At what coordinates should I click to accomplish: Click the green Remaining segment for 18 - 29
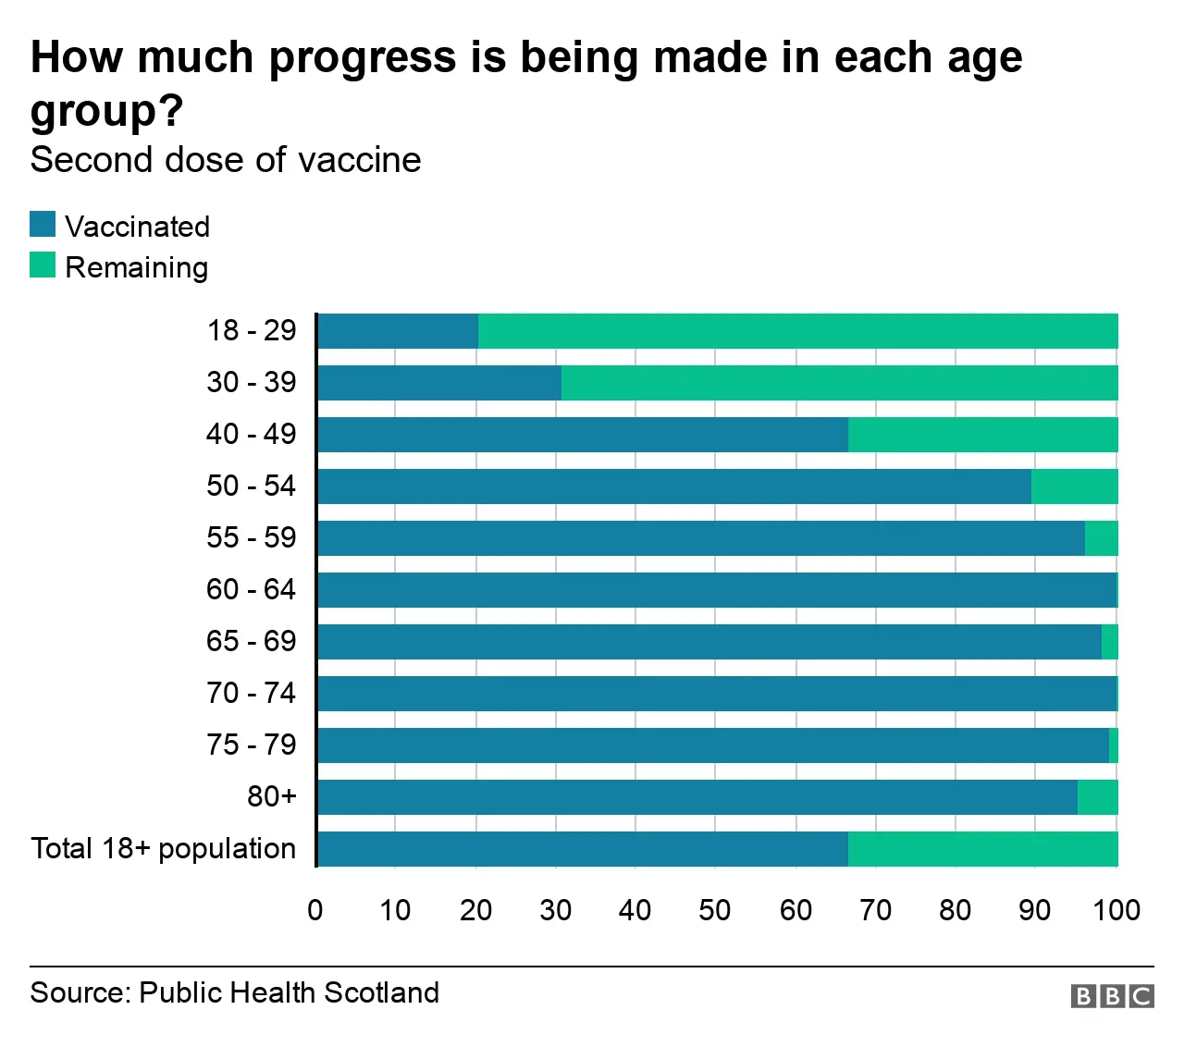pyautogui.click(x=797, y=331)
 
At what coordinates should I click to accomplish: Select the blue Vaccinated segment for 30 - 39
pyautogui.click(x=439, y=383)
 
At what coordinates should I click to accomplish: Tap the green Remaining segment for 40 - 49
pyautogui.click(x=982, y=435)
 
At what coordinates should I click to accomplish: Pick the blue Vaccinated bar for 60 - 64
pyautogui.click(x=717, y=590)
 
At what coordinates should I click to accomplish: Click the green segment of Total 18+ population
pyautogui.click(x=982, y=849)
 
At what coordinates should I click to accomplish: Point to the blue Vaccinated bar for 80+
pyautogui.click(x=697, y=797)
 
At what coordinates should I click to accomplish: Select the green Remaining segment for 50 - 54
pyautogui.click(x=1074, y=487)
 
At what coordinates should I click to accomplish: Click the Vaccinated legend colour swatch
pyautogui.click(x=43, y=225)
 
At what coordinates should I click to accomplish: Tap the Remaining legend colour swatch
pyautogui.click(x=43, y=265)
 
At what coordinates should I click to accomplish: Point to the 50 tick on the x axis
pyautogui.click(x=715, y=910)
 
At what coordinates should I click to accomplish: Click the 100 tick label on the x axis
pyautogui.click(x=1116, y=910)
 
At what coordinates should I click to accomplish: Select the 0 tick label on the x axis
pyautogui.click(x=315, y=910)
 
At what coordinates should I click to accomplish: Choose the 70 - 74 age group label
pyautogui.click(x=251, y=693)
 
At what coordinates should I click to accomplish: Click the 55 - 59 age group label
pyautogui.click(x=251, y=537)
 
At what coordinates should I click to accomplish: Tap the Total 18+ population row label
pyautogui.click(x=164, y=848)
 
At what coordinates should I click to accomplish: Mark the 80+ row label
pyautogui.click(x=271, y=796)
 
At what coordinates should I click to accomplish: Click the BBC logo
pyautogui.click(x=1112, y=995)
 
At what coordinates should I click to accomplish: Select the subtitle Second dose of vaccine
pyautogui.click(x=226, y=160)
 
